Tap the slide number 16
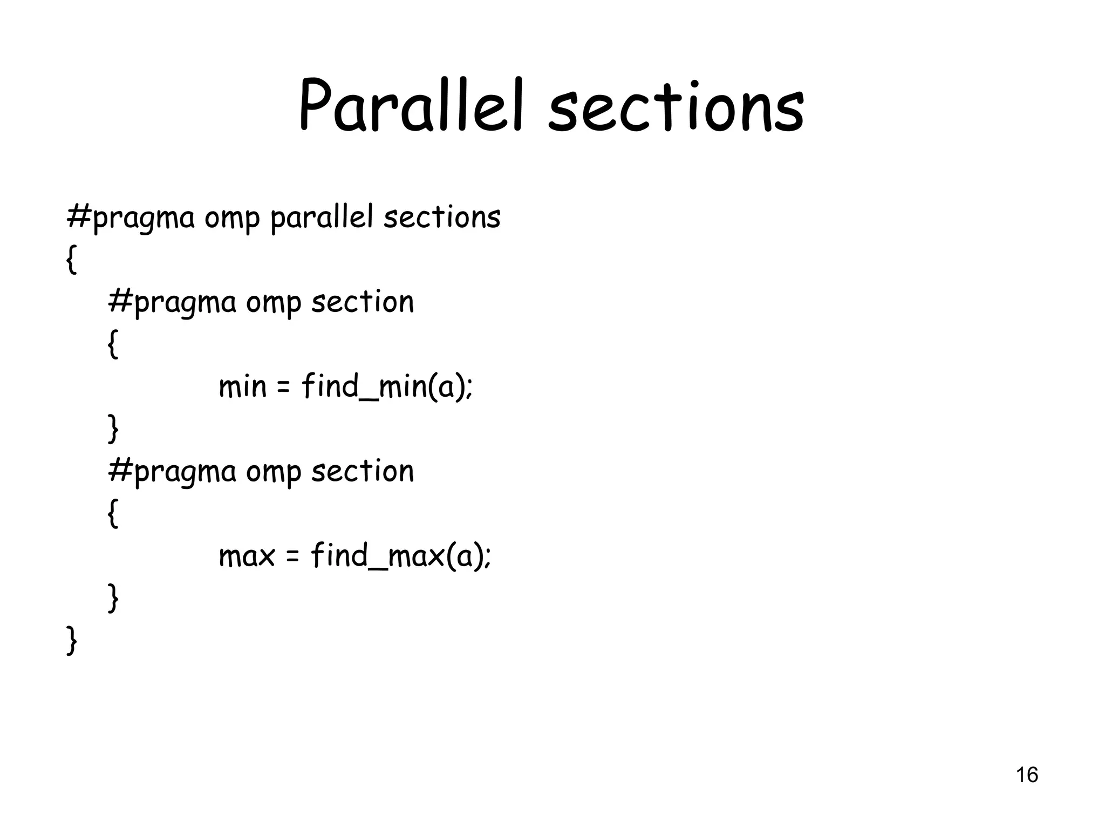click(x=1027, y=775)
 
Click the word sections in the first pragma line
click(x=442, y=218)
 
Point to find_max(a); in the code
click(x=401, y=556)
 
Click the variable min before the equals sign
click(x=242, y=386)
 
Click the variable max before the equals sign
click(x=247, y=556)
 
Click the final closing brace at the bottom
click(x=71, y=641)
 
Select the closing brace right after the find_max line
click(x=113, y=598)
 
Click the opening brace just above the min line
click(x=113, y=344)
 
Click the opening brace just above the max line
click(x=113, y=513)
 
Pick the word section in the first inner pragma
click(x=363, y=302)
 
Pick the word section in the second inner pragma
click(x=363, y=471)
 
